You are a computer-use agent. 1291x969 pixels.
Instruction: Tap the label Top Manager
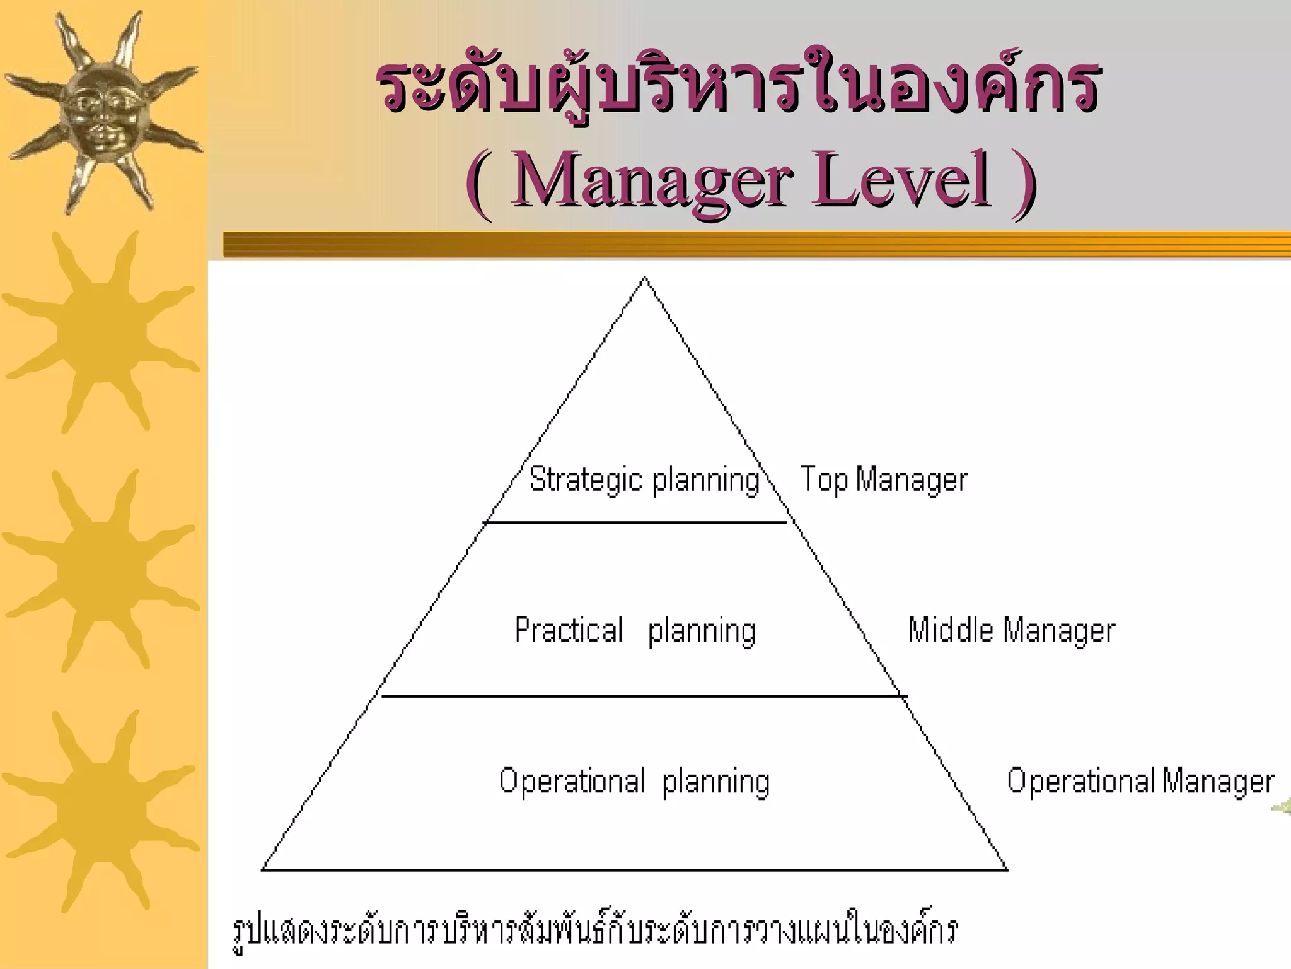point(884,479)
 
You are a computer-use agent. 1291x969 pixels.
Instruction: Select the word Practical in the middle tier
point(569,630)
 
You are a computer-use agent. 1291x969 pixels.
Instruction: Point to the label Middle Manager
point(1011,630)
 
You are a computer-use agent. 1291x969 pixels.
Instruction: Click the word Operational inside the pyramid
point(572,781)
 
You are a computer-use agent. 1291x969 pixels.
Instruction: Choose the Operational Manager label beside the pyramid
point(1140,781)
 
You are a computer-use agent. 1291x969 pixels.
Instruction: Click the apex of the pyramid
point(644,278)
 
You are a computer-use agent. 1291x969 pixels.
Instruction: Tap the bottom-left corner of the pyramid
point(263,870)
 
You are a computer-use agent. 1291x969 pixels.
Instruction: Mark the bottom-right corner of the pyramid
point(1007,870)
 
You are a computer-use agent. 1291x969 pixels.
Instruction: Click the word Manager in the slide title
point(652,180)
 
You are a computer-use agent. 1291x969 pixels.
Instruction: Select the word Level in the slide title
point(900,180)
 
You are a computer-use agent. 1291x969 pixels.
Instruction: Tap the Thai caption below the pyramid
point(596,931)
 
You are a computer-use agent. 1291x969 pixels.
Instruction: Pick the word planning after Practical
point(702,631)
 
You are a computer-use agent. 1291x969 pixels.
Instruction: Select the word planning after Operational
point(716,782)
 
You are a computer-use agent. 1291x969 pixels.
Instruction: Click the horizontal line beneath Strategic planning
point(635,522)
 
